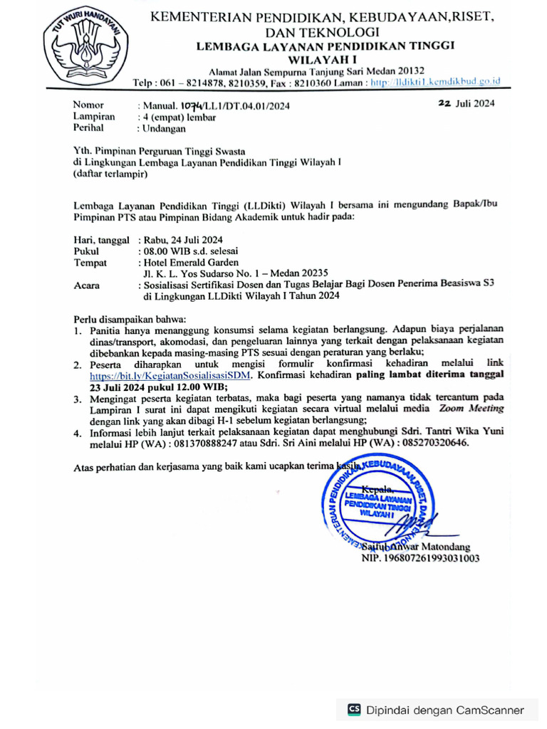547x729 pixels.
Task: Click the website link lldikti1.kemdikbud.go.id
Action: (x=444, y=82)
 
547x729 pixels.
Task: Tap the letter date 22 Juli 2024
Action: (x=467, y=103)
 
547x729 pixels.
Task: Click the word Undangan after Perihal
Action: (x=164, y=129)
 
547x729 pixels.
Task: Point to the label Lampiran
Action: (x=94, y=117)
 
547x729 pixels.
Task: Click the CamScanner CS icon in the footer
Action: (x=354, y=710)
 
